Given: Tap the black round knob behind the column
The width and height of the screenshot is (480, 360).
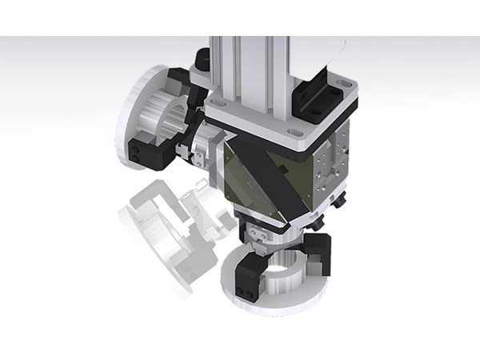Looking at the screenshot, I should pyautogui.click(x=201, y=58).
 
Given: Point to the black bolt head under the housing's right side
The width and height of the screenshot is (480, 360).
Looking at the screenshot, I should pyautogui.click(x=339, y=202).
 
